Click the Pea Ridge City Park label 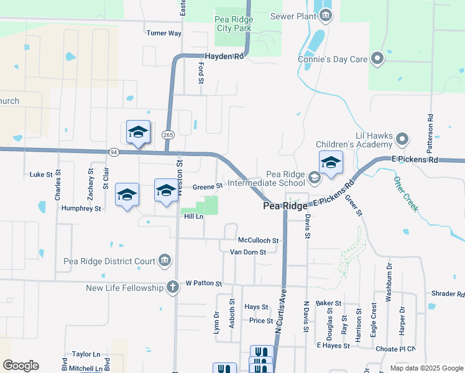pyautogui.click(x=233, y=24)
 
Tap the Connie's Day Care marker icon pyautogui.click(x=377, y=60)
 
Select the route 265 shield pyautogui.click(x=168, y=135)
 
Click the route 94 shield pyautogui.click(x=113, y=152)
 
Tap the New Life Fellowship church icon pyautogui.click(x=172, y=287)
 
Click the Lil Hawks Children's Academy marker pyautogui.click(x=402, y=139)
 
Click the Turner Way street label pyautogui.click(x=163, y=33)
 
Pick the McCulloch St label pyautogui.click(x=260, y=240)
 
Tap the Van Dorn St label pyautogui.click(x=248, y=252)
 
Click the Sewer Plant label pyautogui.click(x=292, y=16)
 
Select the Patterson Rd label pyautogui.click(x=430, y=133)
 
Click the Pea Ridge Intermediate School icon pyautogui.click(x=314, y=179)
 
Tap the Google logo pyautogui.click(x=21, y=366)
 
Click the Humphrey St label pyautogui.click(x=81, y=209)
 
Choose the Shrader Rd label pyautogui.click(x=448, y=294)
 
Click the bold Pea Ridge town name pyautogui.click(x=285, y=206)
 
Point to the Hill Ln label pyautogui.click(x=194, y=216)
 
